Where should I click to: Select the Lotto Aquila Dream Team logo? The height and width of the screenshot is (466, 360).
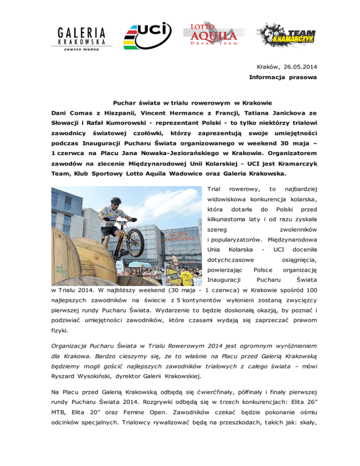click(x=210, y=33)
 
